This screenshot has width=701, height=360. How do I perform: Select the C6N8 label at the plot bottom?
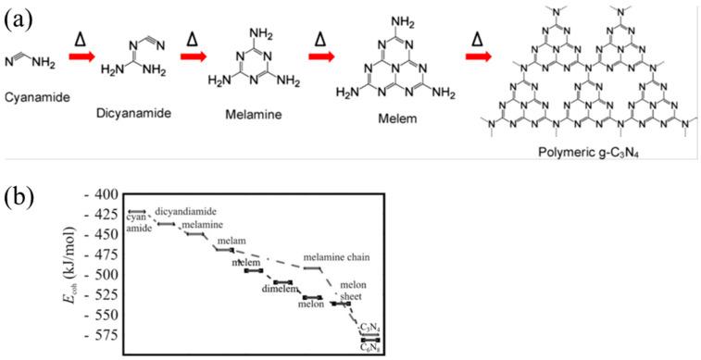click(369, 346)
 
